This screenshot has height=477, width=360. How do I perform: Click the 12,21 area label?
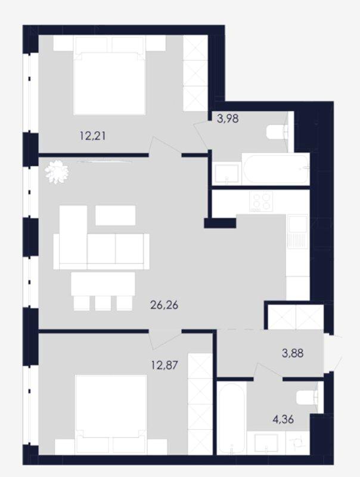[x=93, y=136]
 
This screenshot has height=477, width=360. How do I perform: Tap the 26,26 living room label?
[x=164, y=305]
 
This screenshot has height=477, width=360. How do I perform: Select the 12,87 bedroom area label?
[x=165, y=364]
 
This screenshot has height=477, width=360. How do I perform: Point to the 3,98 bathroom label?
[x=228, y=118]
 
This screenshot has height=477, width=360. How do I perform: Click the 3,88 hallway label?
[x=293, y=353]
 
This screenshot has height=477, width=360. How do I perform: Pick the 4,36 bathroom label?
[x=283, y=420]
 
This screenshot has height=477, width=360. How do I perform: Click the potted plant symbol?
[x=57, y=172]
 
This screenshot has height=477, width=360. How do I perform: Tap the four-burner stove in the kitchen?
[x=261, y=201]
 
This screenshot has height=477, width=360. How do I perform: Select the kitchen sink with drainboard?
[x=297, y=231]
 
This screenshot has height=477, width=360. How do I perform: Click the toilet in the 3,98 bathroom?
[x=277, y=132]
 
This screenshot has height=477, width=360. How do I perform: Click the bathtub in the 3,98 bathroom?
[x=276, y=169]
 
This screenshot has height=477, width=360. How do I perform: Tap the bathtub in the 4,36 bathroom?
[x=232, y=419]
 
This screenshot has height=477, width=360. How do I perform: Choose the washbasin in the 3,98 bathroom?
[x=227, y=174]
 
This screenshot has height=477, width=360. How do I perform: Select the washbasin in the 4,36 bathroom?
[x=266, y=444]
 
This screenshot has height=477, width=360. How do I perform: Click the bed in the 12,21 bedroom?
[x=110, y=76]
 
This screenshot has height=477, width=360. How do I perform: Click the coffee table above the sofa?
[x=116, y=215]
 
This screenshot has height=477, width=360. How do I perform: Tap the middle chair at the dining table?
[x=103, y=303]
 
